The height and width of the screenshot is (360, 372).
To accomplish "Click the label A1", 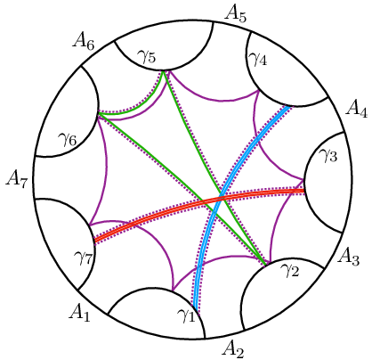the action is click(x=79, y=313).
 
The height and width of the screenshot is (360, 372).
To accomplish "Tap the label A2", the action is click(x=233, y=348).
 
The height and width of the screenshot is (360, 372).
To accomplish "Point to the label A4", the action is click(x=357, y=108).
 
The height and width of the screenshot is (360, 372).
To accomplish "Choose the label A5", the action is click(x=235, y=14).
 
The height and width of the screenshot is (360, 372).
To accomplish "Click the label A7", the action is click(x=17, y=180).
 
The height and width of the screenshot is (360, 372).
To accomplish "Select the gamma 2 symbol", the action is click(x=290, y=269).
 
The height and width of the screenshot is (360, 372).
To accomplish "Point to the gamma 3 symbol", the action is click(x=328, y=154).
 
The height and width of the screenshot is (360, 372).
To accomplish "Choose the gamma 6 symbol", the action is click(x=68, y=139).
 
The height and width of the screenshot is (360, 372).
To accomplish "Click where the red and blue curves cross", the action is click(x=222, y=198).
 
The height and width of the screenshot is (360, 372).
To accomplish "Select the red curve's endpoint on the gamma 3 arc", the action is click(x=303, y=191).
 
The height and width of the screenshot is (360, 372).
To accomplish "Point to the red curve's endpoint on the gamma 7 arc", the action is click(x=95, y=240).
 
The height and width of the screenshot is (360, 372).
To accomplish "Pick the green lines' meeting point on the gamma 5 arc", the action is click(x=164, y=70).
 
